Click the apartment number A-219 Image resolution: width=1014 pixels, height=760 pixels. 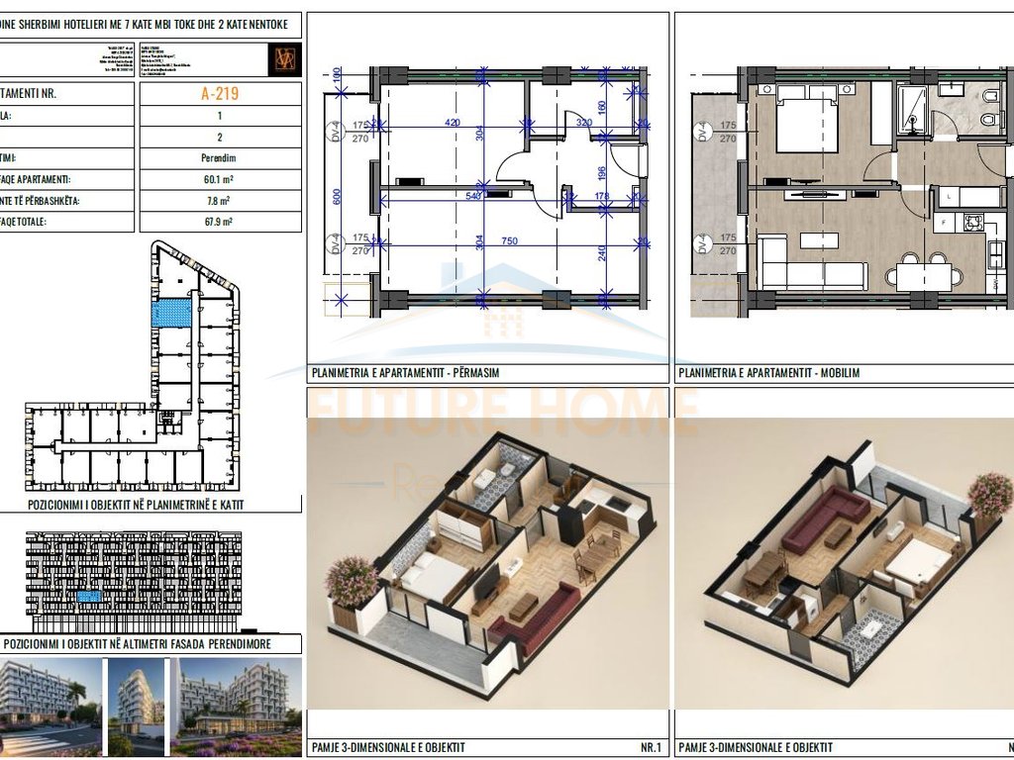pos(219,94)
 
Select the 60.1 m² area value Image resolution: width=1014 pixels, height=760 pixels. pos(219,179)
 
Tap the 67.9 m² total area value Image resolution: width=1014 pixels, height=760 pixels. pos(219,222)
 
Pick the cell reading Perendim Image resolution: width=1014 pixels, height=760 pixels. pos(219,157)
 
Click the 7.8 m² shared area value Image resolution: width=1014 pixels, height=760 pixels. pos(219,200)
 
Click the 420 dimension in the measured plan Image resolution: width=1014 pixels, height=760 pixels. pos(453,124)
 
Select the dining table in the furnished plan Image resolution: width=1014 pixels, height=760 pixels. pos(923,274)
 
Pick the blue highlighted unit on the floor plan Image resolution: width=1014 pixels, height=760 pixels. pos(172,313)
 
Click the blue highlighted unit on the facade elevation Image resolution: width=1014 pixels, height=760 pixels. pos(89,598)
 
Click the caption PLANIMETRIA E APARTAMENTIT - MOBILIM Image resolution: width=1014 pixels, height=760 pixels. pos(767,373)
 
